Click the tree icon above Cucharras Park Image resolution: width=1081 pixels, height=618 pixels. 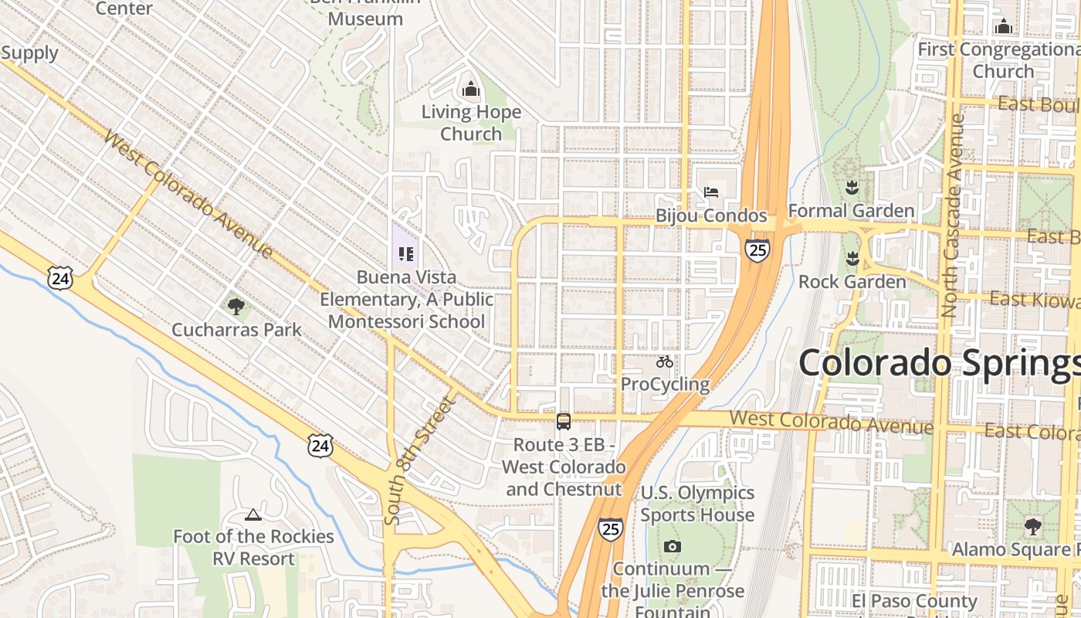point(236,307)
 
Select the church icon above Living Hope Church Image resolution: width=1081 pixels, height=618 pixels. point(470,90)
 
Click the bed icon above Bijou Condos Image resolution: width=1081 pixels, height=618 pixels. point(711,192)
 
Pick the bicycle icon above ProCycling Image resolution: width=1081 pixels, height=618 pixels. point(664,362)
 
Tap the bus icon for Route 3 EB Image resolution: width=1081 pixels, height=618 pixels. point(564,422)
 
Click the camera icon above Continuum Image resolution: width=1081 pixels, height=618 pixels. point(672,547)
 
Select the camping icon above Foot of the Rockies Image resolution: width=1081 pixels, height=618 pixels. point(252,514)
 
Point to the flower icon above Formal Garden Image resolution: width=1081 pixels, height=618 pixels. point(851,188)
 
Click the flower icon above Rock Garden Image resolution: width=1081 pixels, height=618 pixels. point(852,259)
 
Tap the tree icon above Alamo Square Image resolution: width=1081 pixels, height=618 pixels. point(1032,528)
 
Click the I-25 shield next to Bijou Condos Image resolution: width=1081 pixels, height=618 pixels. point(757,250)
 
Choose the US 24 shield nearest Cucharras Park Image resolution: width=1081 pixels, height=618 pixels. point(59,279)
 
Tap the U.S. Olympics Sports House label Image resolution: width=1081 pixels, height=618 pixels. point(697,504)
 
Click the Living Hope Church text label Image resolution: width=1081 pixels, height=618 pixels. point(471,123)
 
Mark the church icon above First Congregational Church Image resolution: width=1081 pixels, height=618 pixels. point(1003,27)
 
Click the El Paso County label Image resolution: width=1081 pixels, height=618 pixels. point(914,601)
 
